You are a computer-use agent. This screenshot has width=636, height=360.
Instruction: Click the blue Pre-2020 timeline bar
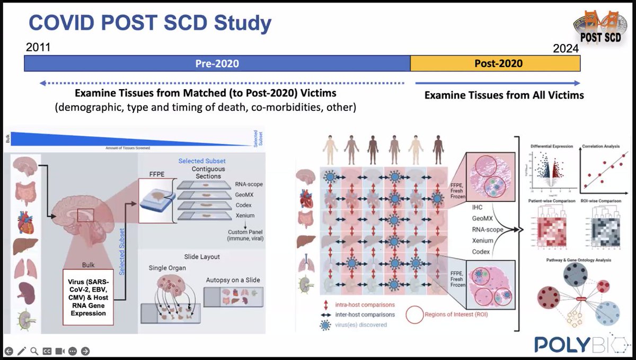point(217,64)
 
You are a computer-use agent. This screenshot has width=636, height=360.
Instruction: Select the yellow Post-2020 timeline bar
point(495,64)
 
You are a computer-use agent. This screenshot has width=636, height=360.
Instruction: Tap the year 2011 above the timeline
point(38,47)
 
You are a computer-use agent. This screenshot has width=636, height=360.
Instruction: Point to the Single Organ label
point(166,268)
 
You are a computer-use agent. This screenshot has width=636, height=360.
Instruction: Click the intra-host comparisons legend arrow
point(324,305)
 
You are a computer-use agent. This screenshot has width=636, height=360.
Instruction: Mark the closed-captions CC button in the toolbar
point(47,351)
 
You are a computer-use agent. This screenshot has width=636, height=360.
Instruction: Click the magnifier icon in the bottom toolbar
point(34,351)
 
